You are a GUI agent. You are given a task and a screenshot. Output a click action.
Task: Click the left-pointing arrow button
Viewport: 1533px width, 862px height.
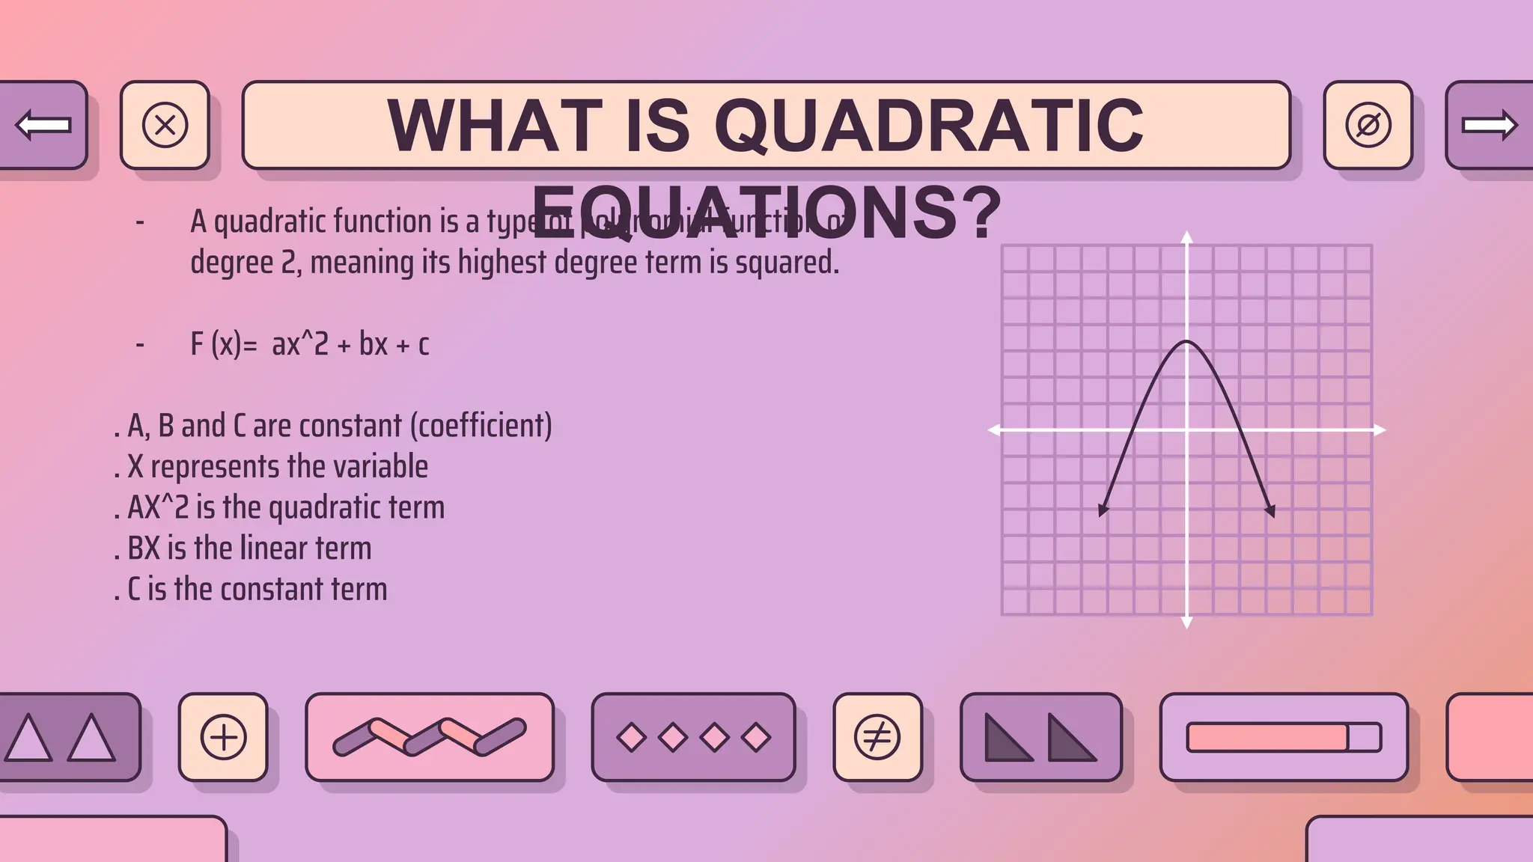pos(43,125)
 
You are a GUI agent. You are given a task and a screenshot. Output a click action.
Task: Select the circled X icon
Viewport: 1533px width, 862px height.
pos(165,125)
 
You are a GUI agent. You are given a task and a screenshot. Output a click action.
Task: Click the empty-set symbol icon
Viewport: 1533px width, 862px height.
pos(1368,125)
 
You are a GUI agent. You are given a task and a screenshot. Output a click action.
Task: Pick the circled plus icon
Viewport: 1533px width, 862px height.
pos(223,737)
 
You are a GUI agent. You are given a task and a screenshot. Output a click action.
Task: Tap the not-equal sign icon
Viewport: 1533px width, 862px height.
pos(877,737)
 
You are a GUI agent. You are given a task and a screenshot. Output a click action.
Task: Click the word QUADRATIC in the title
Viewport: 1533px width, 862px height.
pos(929,126)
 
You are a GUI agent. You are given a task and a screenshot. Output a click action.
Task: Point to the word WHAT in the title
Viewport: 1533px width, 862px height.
pos(495,126)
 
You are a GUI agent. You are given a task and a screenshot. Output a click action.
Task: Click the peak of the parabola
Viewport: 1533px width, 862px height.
pos(1186,342)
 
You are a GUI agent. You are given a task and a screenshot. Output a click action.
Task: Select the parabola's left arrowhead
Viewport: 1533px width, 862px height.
pos(1103,510)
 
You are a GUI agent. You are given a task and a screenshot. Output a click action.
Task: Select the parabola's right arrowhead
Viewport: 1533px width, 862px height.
pos(1270,511)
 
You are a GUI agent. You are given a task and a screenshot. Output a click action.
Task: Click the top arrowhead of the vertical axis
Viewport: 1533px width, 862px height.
pos(1186,237)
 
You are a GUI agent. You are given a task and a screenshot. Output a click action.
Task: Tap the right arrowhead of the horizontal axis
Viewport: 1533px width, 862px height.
pos(1380,430)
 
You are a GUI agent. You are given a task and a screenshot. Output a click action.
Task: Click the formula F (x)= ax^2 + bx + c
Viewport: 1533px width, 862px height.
pos(309,344)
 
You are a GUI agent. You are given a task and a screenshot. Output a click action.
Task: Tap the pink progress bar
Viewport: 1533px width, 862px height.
pos(1267,737)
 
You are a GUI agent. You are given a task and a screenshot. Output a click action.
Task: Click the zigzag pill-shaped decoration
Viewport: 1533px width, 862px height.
pos(429,737)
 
